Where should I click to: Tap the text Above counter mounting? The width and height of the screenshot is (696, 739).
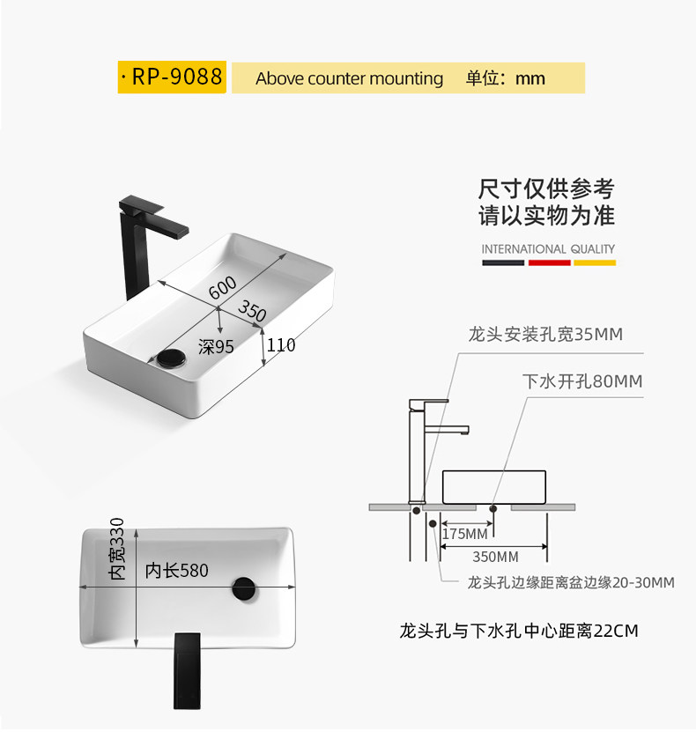tap(349, 78)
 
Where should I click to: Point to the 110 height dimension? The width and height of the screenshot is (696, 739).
tap(281, 345)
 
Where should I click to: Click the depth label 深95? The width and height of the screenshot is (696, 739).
tap(216, 347)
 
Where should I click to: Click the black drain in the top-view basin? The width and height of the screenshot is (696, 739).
tap(244, 588)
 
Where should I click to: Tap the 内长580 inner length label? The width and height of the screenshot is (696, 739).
tap(177, 571)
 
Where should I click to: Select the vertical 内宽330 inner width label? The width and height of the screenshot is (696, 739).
tap(118, 549)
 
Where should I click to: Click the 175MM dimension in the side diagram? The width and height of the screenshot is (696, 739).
tap(464, 534)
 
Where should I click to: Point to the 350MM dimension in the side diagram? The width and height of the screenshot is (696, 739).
tap(495, 557)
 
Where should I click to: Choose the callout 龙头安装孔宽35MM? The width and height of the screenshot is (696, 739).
tap(545, 335)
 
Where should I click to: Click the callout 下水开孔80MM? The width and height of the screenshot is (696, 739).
tap(582, 381)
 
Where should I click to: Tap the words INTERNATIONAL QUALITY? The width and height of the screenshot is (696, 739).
tap(548, 249)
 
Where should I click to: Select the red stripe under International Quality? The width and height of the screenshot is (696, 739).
tap(550, 262)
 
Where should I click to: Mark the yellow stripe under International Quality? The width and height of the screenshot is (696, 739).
tap(595, 262)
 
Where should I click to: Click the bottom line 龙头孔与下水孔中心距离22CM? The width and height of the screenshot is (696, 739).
tap(518, 631)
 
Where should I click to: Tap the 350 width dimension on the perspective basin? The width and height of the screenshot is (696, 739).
tap(252, 311)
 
